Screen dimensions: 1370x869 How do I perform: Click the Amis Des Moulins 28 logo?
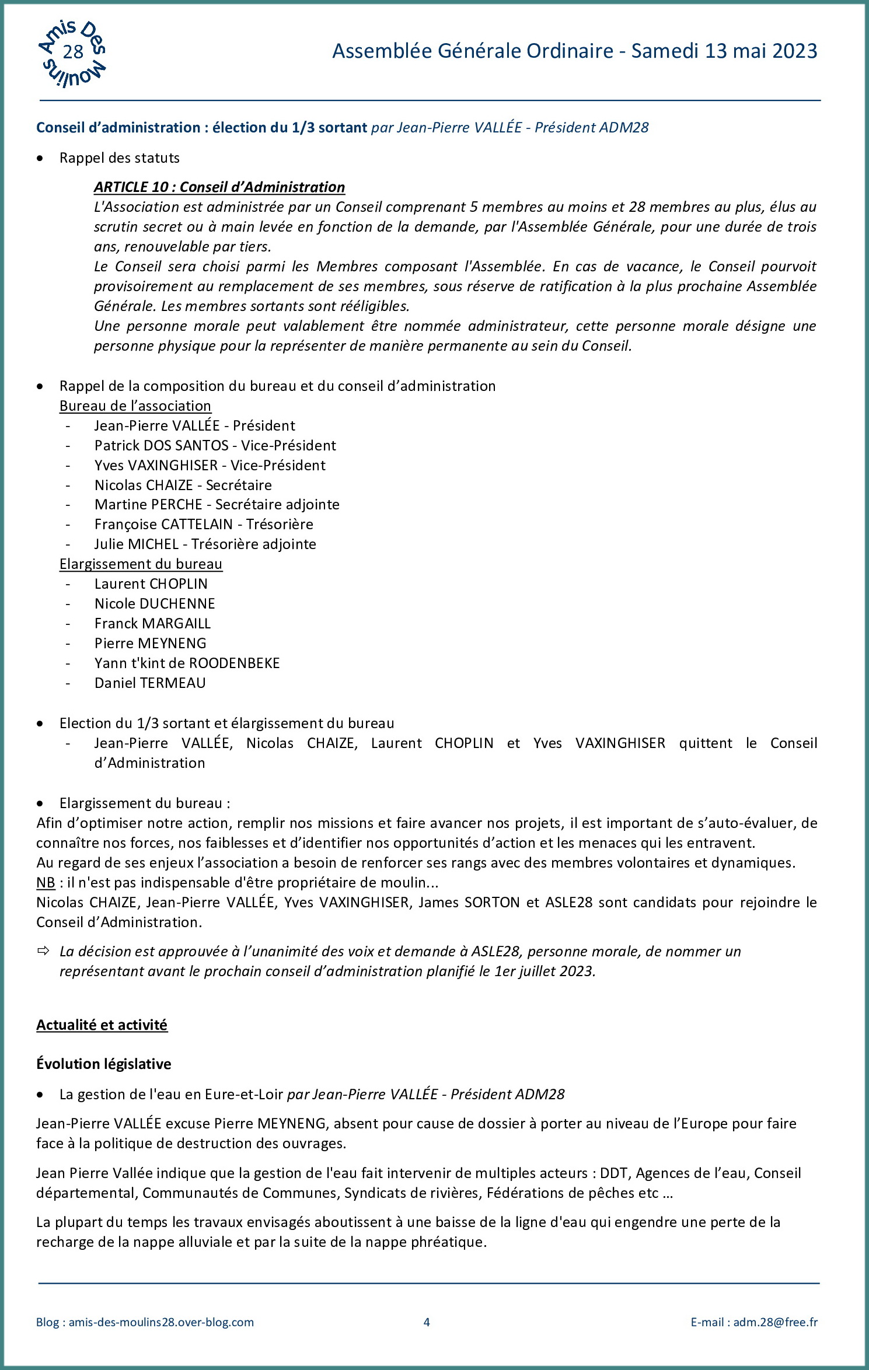click(x=72, y=53)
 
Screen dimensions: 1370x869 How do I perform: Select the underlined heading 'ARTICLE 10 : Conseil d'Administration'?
click(x=219, y=187)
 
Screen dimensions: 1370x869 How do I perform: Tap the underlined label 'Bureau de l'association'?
click(x=135, y=406)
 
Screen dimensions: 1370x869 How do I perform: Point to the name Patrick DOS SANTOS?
click(x=162, y=445)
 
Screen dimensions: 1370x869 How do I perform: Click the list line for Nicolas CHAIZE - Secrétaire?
click(x=183, y=485)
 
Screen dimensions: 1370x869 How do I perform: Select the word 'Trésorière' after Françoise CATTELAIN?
click(x=280, y=524)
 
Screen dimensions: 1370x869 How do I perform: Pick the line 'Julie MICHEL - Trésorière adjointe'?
click(x=205, y=544)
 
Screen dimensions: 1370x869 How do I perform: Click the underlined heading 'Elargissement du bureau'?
click(x=141, y=564)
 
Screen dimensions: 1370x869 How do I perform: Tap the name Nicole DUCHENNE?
click(x=155, y=603)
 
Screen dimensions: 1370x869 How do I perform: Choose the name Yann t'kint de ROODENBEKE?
click(x=187, y=663)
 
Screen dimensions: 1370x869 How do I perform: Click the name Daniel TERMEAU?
click(x=150, y=683)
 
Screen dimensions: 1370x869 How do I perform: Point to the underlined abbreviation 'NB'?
click(x=46, y=882)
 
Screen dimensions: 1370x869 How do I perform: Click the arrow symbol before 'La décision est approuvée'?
click(x=43, y=951)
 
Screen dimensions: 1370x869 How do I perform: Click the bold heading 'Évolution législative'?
click(x=103, y=1064)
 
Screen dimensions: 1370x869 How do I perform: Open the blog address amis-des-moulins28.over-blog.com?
click(x=161, y=1322)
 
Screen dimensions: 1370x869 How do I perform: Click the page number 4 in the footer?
click(x=427, y=1322)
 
